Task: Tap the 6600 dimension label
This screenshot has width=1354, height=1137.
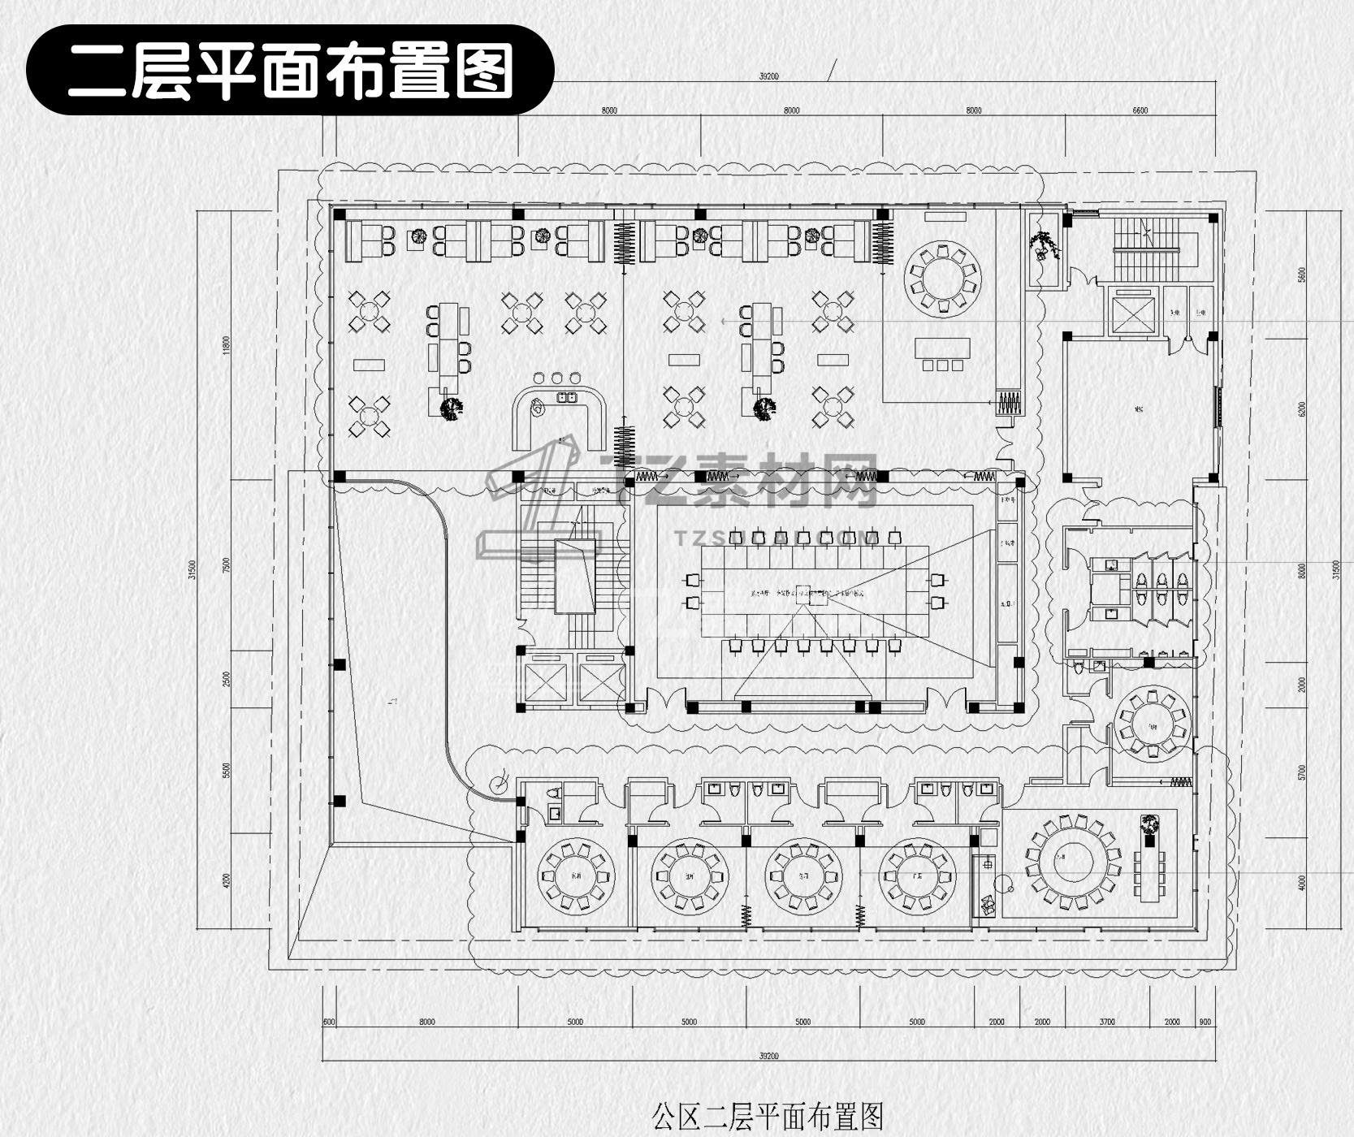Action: pos(1140,110)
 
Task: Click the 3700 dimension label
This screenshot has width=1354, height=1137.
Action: pos(1107,1022)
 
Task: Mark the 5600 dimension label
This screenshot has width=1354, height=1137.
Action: pos(1302,275)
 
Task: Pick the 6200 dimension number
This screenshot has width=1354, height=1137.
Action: pos(1302,409)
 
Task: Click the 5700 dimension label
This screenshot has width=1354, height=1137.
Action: pos(1302,772)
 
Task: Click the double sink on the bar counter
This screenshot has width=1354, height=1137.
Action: pos(565,397)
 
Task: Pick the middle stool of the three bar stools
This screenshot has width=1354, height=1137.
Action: pos(557,378)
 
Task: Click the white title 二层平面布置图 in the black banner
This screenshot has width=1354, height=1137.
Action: pos(290,71)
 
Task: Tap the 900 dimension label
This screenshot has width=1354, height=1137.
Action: pos(1205,1022)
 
